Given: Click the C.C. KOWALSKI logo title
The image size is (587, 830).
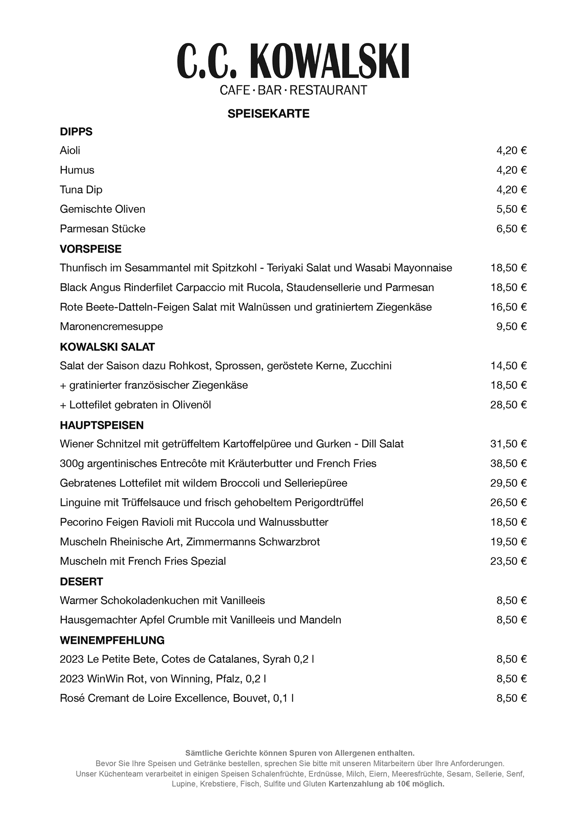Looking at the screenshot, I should pyautogui.click(x=293, y=61).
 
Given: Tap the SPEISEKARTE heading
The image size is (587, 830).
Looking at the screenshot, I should pyautogui.click(x=268, y=114).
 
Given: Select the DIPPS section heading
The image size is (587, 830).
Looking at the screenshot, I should pyautogui.click(x=76, y=131).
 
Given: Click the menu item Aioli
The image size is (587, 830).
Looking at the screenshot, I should pyautogui.click(x=70, y=150).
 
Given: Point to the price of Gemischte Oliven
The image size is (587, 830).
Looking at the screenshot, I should pyautogui.click(x=511, y=209).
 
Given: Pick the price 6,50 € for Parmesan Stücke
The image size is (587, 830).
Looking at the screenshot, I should pyautogui.click(x=511, y=229).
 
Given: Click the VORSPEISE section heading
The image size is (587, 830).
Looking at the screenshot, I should pyautogui.click(x=90, y=249).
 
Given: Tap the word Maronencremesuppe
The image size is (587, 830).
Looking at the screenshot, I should pyautogui.click(x=111, y=326).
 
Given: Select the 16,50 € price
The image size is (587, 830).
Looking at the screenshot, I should pyautogui.click(x=508, y=307).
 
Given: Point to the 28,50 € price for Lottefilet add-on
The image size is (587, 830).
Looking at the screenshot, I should pyautogui.click(x=508, y=405).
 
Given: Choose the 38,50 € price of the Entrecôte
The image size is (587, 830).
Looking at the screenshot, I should pyautogui.click(x=508, y=463).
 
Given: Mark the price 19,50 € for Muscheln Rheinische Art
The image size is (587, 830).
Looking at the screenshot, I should pyautogui.click(x=508, y=542).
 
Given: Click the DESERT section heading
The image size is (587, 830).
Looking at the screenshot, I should pyautogui.click(x=81, y=581).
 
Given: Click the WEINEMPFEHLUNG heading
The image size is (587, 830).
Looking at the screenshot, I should pyautogui.click(x=112, y=640).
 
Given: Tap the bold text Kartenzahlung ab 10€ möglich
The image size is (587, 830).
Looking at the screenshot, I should pyautogui.click(x=386, y=784).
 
